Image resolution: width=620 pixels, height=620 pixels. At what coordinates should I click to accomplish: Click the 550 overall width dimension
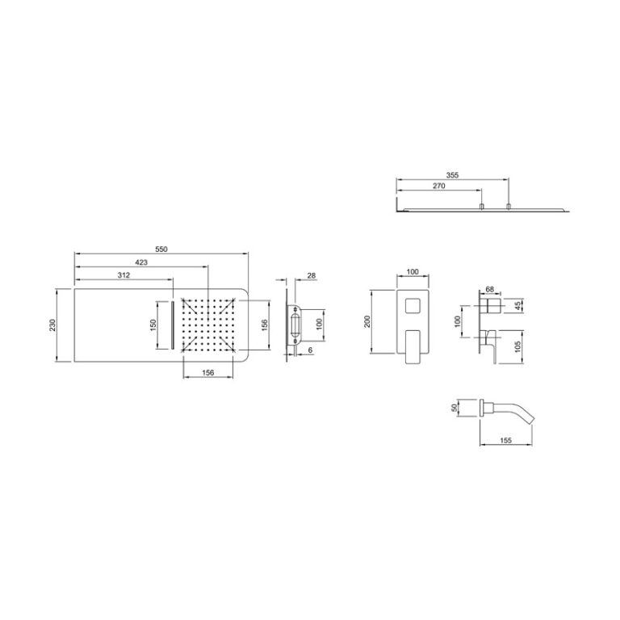point(161,249)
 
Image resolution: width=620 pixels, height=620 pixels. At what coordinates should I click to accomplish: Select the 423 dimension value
point(141,262)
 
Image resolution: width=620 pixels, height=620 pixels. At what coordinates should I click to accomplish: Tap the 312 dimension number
point(124,275)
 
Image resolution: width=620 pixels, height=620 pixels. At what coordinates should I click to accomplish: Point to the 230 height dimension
point(52,325)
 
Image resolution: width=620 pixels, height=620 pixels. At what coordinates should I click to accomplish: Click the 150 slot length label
point(153,325)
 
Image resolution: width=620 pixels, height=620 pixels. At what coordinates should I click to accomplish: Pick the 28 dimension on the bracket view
point(312,275)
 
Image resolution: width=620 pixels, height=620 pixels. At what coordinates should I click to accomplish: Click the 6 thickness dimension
point(310,350)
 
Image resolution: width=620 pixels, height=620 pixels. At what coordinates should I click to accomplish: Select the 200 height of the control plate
point(367,321)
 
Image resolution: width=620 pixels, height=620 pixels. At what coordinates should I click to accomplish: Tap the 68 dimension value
point(489,290)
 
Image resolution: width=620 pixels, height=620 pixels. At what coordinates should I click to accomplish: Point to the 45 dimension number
point(518,305)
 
